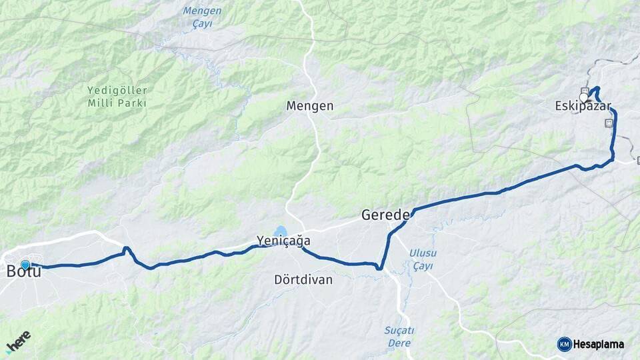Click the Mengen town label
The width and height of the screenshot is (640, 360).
[x=309, y=106]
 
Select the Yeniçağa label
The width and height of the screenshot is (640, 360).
[x=283, y=241]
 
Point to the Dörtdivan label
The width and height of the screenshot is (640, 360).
[x=303, y=280]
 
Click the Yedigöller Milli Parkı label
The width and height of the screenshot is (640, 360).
[x=117, y=97]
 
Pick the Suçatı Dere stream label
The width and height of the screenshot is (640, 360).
[x=399, y=337]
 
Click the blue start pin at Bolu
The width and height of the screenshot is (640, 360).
[x=25, y=264]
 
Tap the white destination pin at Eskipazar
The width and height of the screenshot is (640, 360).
[x=584, y=97]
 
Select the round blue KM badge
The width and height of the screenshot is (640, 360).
[x=564, y=344]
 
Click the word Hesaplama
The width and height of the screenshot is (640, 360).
[x=599, y=345]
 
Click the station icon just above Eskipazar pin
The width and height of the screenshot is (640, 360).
[x=585, y=91]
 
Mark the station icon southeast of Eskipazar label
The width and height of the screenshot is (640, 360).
[x=608, y=123]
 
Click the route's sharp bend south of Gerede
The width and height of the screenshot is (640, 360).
[x=379, y=268]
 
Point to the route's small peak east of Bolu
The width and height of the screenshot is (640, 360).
[x=126, y=249]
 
